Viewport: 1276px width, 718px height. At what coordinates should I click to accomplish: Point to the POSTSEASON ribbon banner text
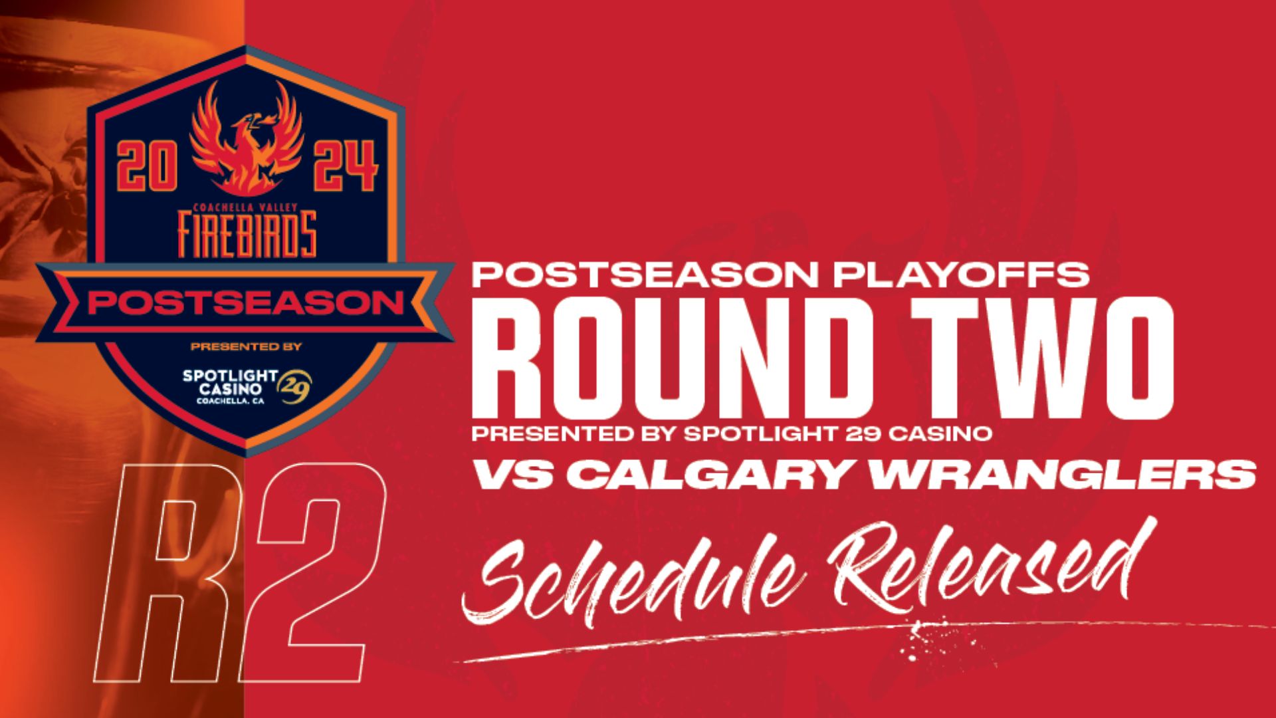click(247, 303)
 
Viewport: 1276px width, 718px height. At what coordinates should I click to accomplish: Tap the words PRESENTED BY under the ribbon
click(246, 346)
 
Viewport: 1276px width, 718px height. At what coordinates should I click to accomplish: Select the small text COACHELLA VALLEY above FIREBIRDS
click(246, 208)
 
